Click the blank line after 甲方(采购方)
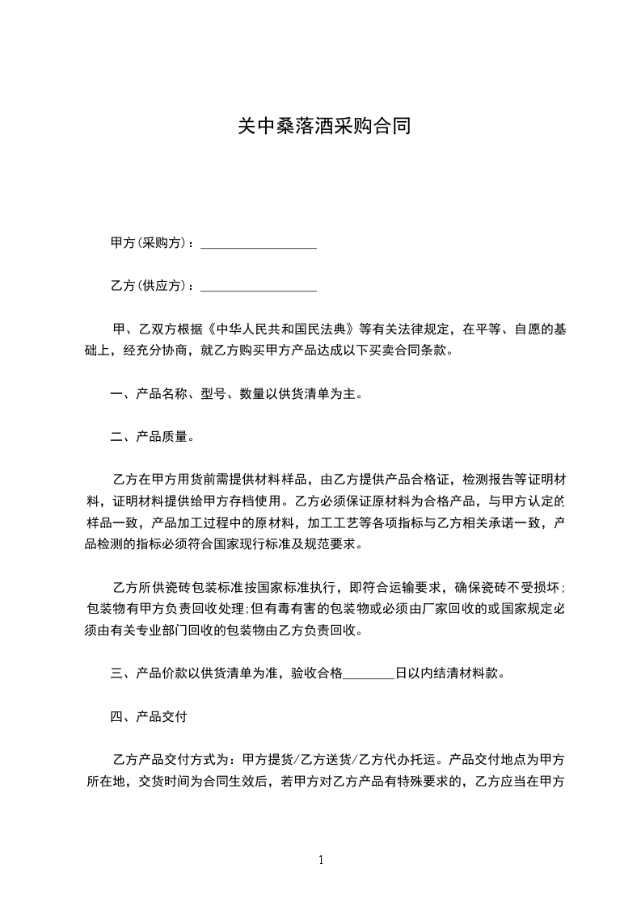pyautogui.click(x=258, y=243)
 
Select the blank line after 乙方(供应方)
pyautogui.click(x=258, y=286)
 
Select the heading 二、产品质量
pyautogui.click(x=152, y=438)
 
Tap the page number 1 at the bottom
pyautogui.click(x=321, y=861)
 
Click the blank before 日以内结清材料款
pyautogui.click(x=369, y=673)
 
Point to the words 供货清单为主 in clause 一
pyautogui.click(x=317, y=395)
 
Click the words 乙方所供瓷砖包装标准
pyautogui.click(x=185, y=587)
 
